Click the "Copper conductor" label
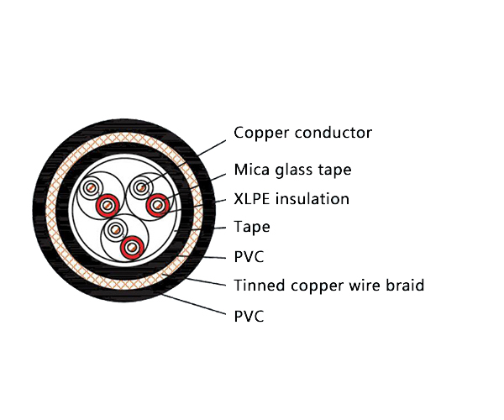(x=302, y=133)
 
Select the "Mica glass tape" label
(x=292, y=171)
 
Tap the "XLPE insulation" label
(x=291, y=199)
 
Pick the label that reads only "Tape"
(x=252, y=227)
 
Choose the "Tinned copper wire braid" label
(x=328, y=286)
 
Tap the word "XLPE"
(x=251, y=199)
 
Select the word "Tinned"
(x=258, y=286)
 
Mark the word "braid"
(x=404, y=286)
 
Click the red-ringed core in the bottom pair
(x=129, y=247)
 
